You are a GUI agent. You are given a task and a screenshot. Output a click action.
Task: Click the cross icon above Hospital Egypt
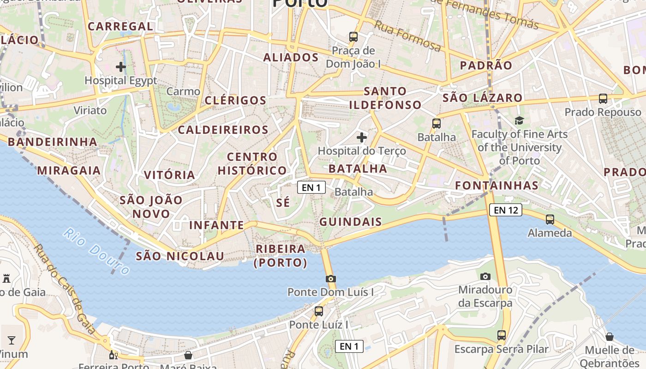[121, 67]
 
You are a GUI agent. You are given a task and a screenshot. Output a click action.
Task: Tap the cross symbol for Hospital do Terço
[362, 137]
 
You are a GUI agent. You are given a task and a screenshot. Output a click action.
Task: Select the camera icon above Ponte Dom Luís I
[330, 278]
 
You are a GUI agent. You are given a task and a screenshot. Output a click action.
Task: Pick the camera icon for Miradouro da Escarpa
[485, 276]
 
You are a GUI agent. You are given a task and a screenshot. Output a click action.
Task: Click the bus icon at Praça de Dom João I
[353, 36]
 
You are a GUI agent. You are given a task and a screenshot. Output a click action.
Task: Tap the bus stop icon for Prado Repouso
[603, 98]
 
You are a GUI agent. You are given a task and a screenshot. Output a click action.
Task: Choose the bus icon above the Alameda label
[550, 219]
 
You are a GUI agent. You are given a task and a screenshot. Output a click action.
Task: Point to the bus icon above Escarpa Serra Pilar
[502, 335]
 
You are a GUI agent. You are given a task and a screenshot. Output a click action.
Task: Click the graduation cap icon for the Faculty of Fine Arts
[520, 120]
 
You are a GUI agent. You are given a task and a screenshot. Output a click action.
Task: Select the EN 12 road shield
[506, 210]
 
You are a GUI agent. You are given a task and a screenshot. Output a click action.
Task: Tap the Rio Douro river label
[96, 251]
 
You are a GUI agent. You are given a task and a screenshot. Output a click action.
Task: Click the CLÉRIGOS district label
[235, 101]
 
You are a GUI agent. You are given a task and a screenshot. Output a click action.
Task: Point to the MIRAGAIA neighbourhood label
[69, 171]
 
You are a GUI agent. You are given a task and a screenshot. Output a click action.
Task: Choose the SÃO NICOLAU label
[180, 256]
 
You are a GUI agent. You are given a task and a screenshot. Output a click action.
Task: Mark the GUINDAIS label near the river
[351, 222]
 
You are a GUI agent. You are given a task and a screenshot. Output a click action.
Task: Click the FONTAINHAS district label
[497, 185]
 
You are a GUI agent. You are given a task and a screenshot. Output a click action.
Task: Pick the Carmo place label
[183, 91]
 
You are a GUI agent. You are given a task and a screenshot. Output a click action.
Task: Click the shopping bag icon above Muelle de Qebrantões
[610, 336]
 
